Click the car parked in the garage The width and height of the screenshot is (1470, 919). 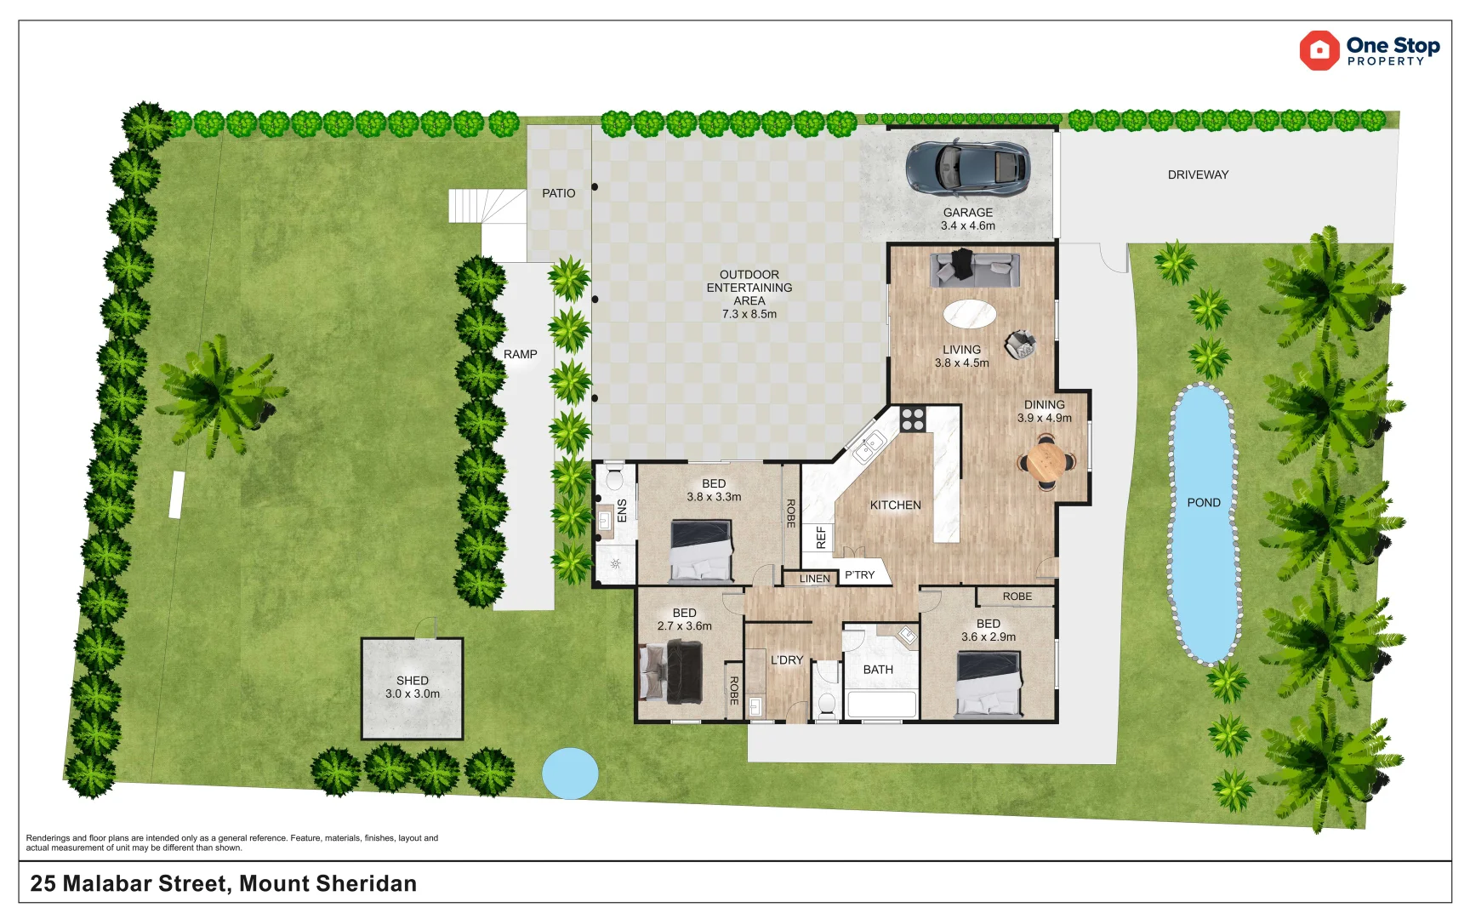(x=968, y=166)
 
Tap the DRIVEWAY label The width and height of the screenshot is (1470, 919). (x=1198, y=174)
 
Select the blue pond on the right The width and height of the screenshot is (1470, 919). (x=1204, y=523)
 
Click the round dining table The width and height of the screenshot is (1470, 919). (x=1046, y=462)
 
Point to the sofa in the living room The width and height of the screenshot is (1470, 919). (x=975, y=269)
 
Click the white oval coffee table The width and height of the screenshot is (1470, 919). (x=970, y=314)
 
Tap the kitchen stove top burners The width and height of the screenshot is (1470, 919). (x=913, y=419)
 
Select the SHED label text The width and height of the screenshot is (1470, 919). (x=413, y=681)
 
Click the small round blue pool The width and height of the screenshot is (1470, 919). (x=570, y=773)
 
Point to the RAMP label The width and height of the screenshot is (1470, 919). (x=521, y=354)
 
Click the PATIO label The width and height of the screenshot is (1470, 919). (x=559, y=193)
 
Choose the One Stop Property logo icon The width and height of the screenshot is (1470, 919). (x=1319, y=51)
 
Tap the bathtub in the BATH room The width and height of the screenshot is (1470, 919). (x=881, y=705)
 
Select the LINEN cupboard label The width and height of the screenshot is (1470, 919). (x=815, y=579)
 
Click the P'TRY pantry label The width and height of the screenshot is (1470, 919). (x=859, y=575)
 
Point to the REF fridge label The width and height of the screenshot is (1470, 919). (x=821, y=537)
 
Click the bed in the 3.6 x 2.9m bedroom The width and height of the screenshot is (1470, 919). (x=989, y=684)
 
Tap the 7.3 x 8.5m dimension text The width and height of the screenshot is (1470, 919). (x=749, y=314)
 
